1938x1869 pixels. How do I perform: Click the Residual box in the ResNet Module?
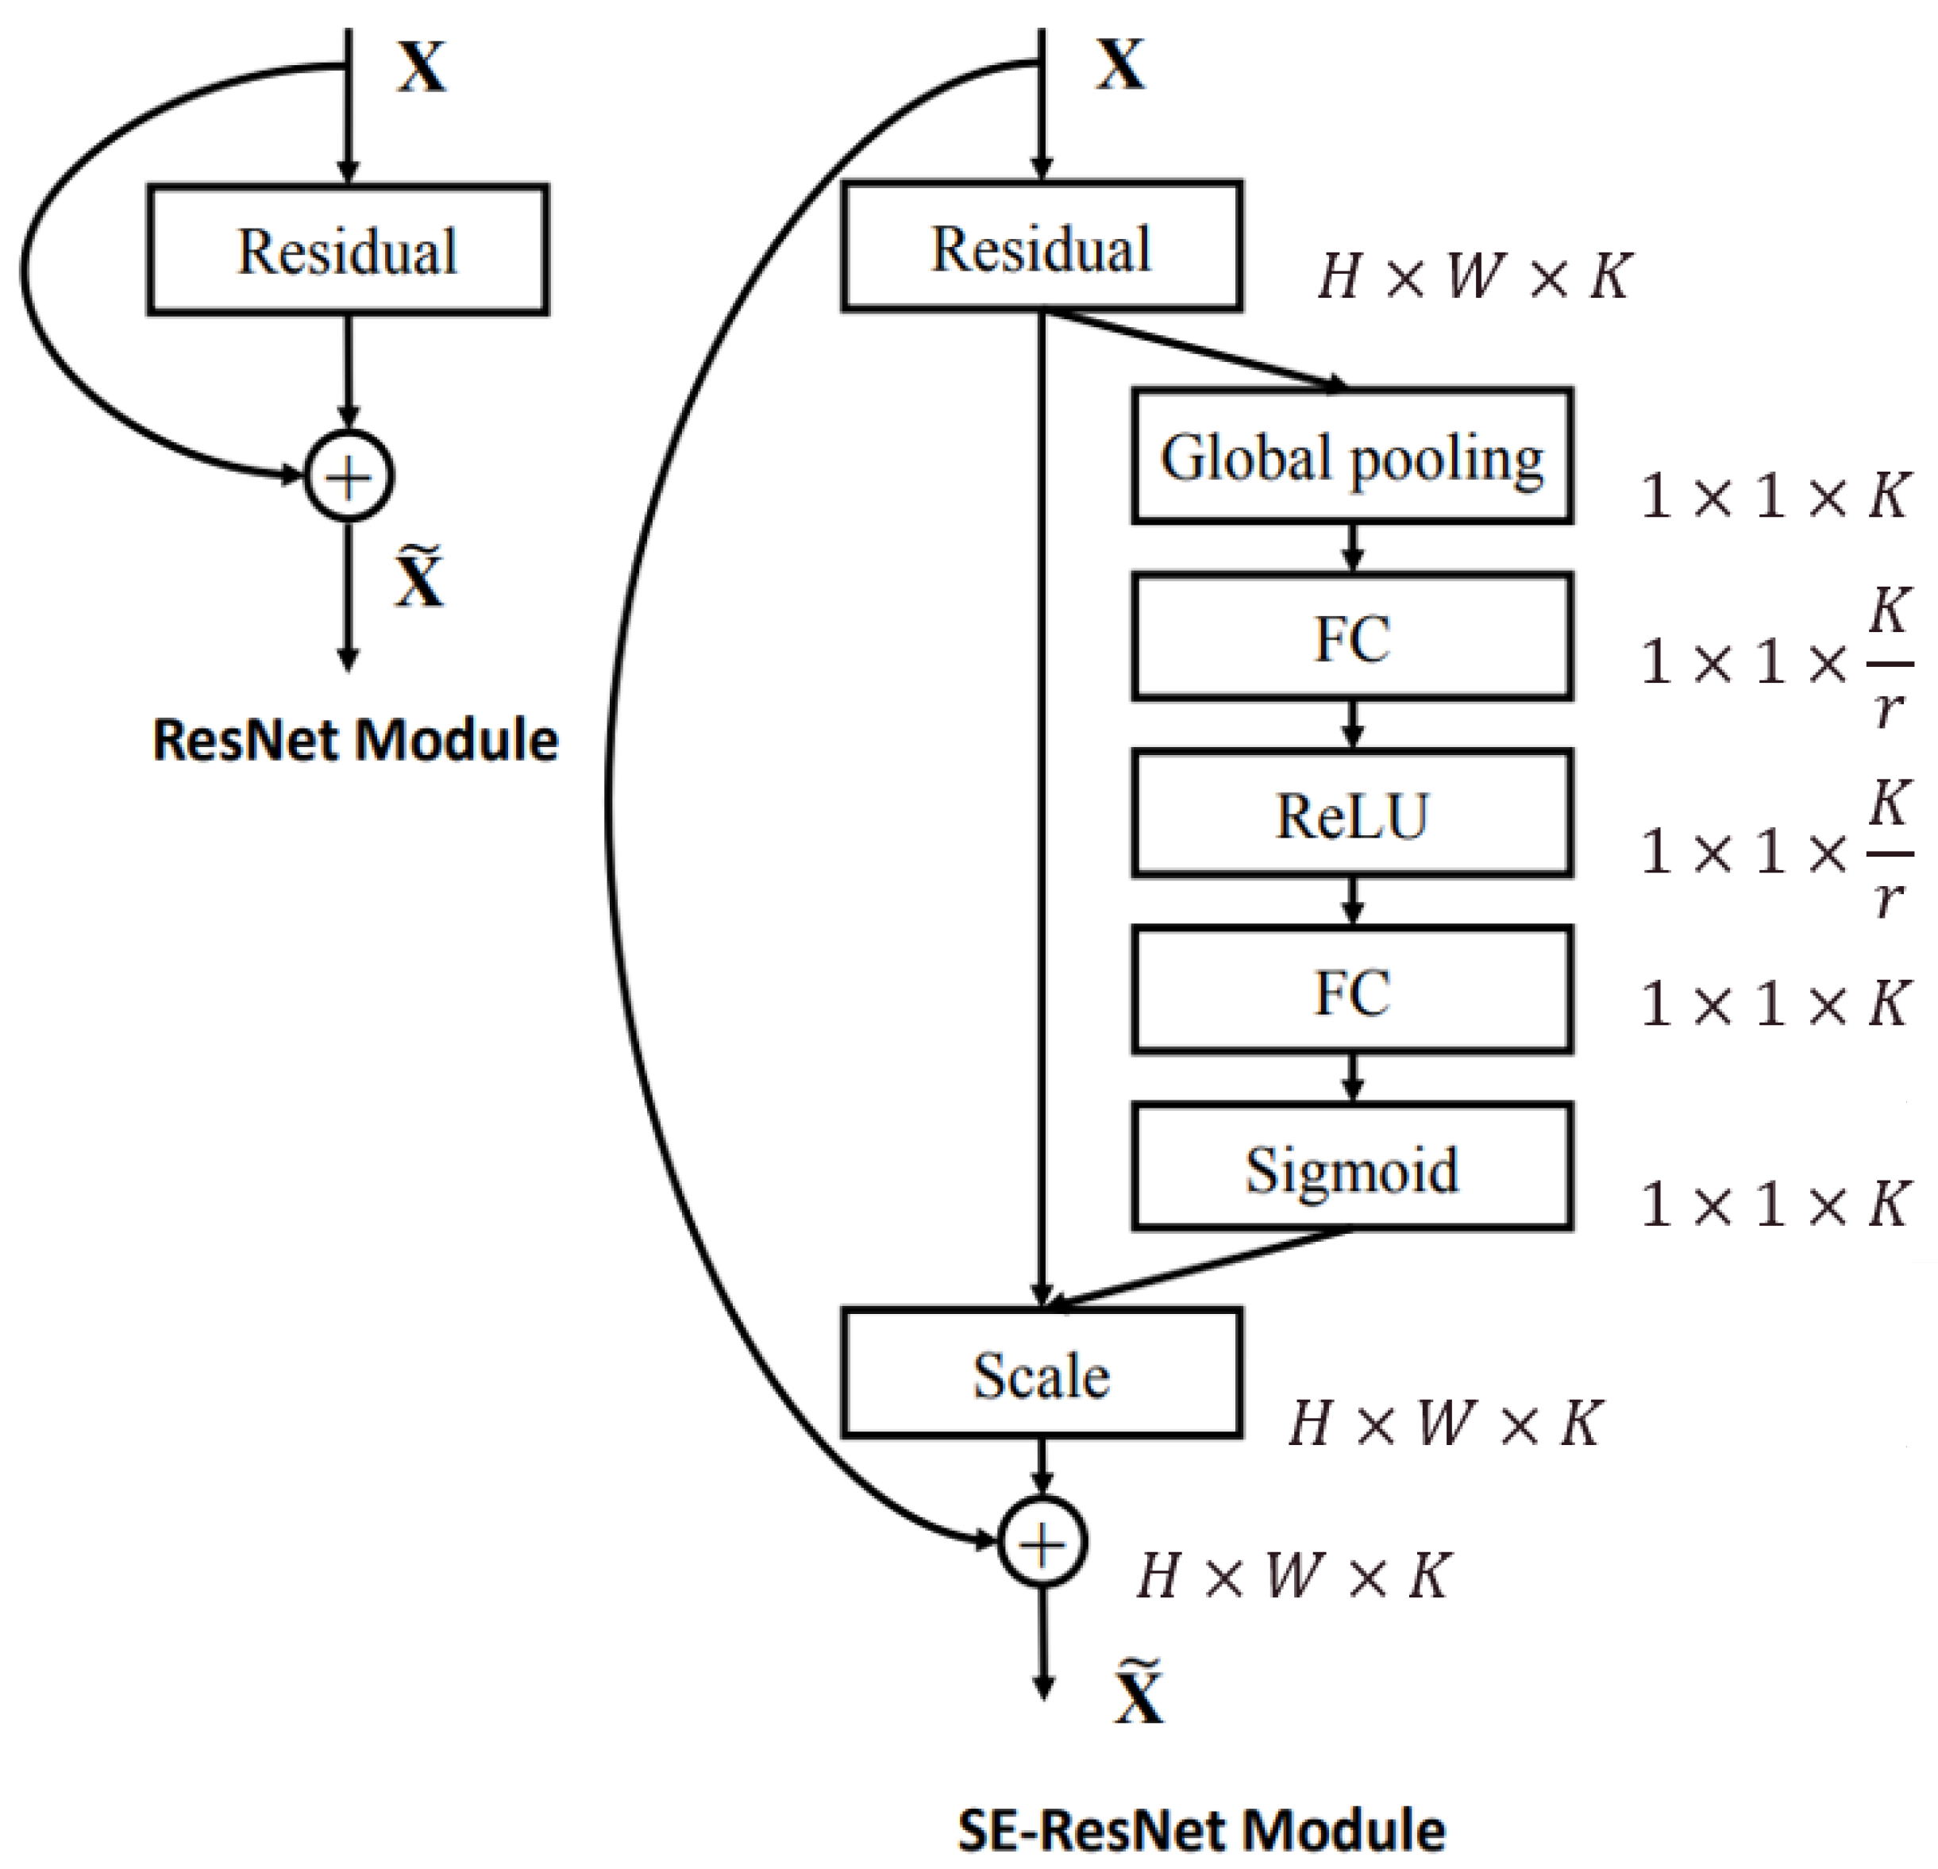pos(348,250)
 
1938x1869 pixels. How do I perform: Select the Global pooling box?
pos(1351,457)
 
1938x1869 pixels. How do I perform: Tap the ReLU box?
pos(1351,815)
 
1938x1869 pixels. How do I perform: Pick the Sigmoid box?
pos(1351,1168)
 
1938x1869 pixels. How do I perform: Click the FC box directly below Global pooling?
pos(1351,638)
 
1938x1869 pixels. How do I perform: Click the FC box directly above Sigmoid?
pos(1351,991)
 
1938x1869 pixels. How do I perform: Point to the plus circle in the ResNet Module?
pos(348,476)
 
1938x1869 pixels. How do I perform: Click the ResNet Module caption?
pos(355,740)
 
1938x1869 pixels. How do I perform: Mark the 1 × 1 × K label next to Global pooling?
pos(1773,495)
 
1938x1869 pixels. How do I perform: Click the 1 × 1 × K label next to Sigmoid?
pos(1773,1204)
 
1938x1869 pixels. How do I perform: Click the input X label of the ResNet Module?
pos(422,67)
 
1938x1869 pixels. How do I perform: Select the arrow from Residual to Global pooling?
pos(1196,350)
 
